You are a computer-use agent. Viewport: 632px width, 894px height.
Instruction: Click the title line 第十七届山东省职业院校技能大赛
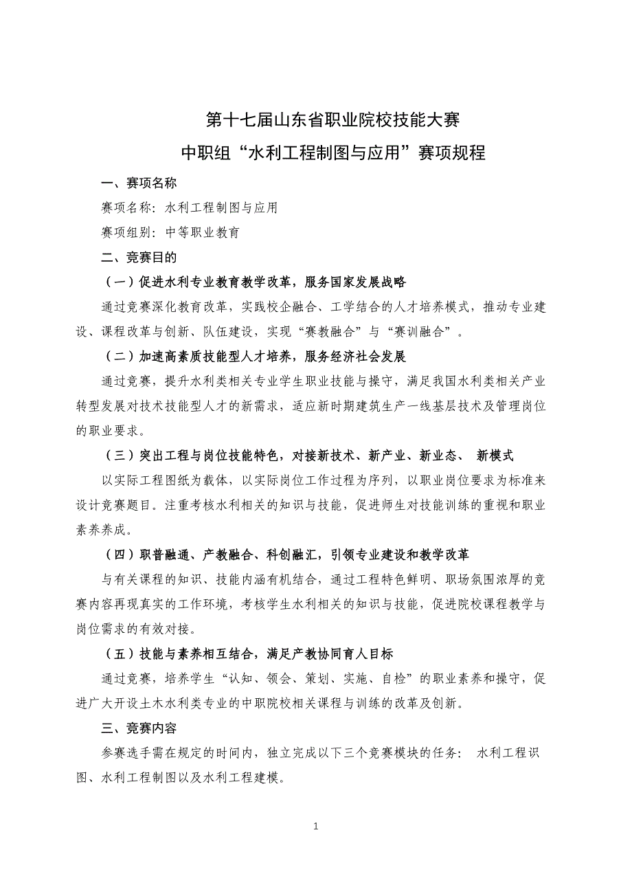tap(332, 121)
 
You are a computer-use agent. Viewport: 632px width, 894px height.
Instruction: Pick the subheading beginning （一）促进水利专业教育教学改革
tap(253, 282)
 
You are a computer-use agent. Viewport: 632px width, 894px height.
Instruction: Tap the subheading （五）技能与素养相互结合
tap(247, 653)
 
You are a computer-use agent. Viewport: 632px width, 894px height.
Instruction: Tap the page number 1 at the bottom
tap(316, 827)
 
